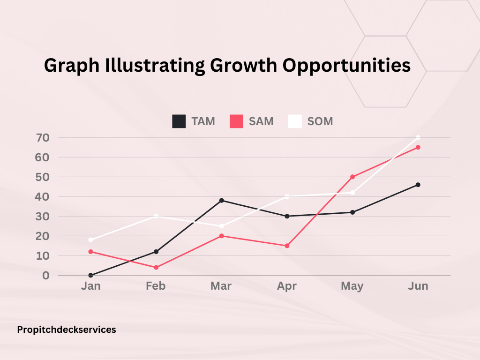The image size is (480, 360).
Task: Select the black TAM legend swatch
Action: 179,121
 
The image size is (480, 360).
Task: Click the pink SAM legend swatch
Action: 236,121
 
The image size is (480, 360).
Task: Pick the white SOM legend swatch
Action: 295,121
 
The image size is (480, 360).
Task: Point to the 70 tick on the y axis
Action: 43,138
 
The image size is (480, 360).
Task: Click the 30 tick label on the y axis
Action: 43,217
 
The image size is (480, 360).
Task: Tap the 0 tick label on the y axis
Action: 46,276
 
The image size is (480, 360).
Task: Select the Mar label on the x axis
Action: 221,286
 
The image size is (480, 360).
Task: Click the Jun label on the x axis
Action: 418,286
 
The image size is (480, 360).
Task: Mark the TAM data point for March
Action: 221,201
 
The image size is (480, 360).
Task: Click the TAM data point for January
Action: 90,275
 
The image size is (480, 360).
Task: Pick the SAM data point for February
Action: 156,268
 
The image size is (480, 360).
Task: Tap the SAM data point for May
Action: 352,177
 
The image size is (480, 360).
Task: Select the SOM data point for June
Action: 418,137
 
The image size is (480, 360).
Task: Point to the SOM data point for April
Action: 287,196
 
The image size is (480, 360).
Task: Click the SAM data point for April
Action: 287,246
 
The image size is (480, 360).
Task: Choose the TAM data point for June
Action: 418,185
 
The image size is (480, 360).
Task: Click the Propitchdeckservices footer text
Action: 67,330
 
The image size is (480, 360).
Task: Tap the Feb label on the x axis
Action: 156,286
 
